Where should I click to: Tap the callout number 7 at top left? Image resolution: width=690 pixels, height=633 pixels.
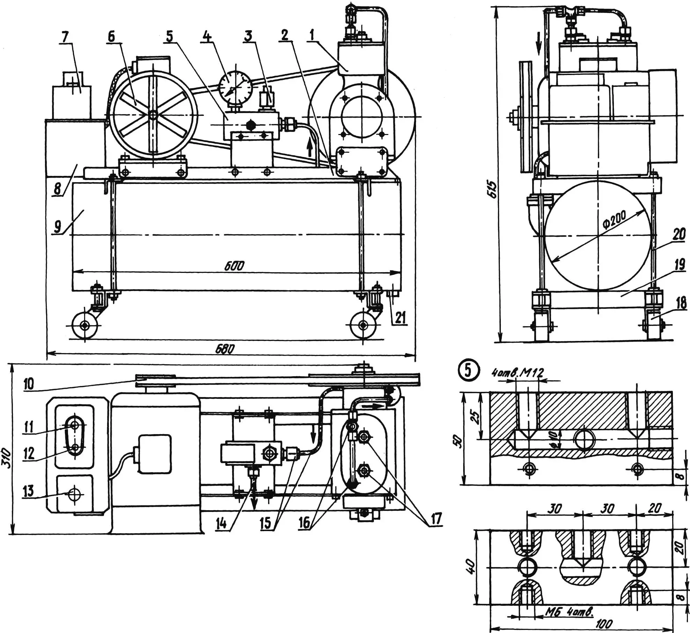(x=65, y=36)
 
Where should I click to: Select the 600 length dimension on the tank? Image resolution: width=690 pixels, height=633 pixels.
(x=234, y=266)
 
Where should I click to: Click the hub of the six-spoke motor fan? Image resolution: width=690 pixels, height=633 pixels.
(x=153, y=115)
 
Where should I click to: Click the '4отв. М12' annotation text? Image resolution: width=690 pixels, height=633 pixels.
(x=518, y=373)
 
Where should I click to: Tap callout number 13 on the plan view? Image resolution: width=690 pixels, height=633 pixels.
(x=28, y=491)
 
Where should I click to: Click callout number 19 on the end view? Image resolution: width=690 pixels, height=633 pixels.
(x=679, y=265)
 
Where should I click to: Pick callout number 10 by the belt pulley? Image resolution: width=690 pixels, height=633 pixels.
(x=29, y=384)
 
